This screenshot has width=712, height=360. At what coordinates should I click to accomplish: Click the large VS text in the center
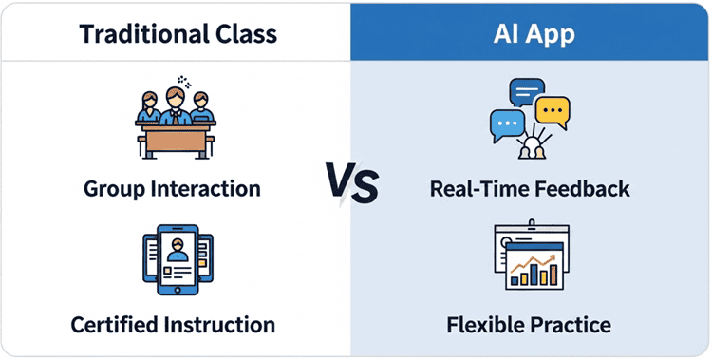tap(352, 181)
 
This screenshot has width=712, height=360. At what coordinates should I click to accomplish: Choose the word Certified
tap(117, 325)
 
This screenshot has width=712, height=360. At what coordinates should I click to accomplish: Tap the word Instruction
tap(220, 325)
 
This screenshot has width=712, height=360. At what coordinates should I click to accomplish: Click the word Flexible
tap(488, 325)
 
